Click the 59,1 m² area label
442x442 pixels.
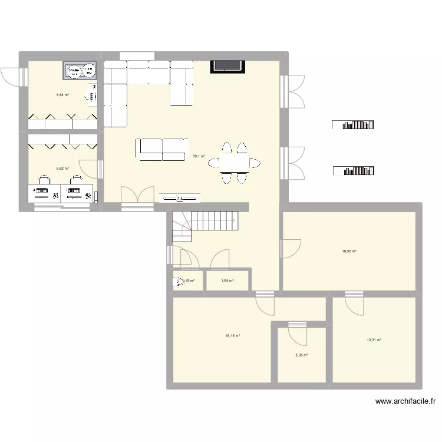pyautogui.click(x=199, y=156)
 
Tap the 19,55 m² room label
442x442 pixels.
pyautogui.click(x=349, y=251)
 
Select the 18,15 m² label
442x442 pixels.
pyautogui.click(x=232, y=336)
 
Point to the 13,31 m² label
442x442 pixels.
pyautogui.click(x=374, y=340)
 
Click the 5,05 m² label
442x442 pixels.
pyautogui.click(x=301, y=355)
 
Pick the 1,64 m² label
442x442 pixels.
pyautogui.click(x=227, y=281)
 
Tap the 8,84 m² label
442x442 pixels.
pyautogui.click(x=62, y=94)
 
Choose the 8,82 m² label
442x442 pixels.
pyautogui.click(x=62, y=169)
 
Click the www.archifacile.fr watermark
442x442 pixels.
pyautogui.click(x=405, y=402)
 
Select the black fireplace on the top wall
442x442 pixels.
pyautogui.click(x=227, y=65)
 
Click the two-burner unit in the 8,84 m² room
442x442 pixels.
pyautogui.click(x=81, y=71)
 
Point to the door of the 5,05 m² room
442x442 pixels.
pyautogui.click(x=298, y=332)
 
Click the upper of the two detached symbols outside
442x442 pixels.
pyautogui.click(x=354, y=124)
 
